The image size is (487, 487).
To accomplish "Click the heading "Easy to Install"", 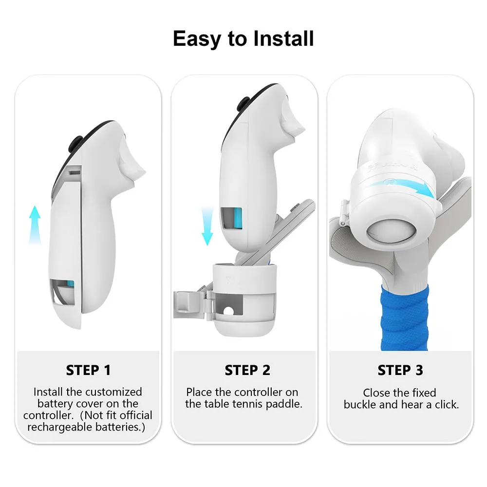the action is pos(243,39).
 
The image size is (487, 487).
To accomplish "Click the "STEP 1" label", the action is pos(88,370).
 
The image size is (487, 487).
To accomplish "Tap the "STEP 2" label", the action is pos(247,370).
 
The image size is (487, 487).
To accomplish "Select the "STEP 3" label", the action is pos(400,370).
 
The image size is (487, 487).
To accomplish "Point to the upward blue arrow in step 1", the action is pos(35,225).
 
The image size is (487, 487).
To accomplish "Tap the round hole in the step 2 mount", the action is pos(228,311).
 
